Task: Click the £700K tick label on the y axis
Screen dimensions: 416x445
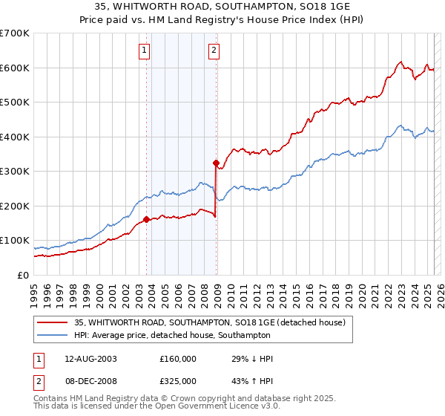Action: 15,33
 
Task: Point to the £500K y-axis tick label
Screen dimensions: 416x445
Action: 15,102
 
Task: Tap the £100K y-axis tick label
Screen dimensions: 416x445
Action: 15,240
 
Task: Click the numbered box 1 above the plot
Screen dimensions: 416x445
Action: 143,51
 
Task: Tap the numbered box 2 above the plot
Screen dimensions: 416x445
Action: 214,51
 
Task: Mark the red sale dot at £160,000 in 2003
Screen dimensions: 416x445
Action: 147,219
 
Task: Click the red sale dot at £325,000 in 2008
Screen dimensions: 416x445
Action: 216,163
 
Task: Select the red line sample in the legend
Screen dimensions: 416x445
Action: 53,323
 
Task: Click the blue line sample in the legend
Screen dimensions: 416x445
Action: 53,335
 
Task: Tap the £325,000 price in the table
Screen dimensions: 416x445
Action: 178,380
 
